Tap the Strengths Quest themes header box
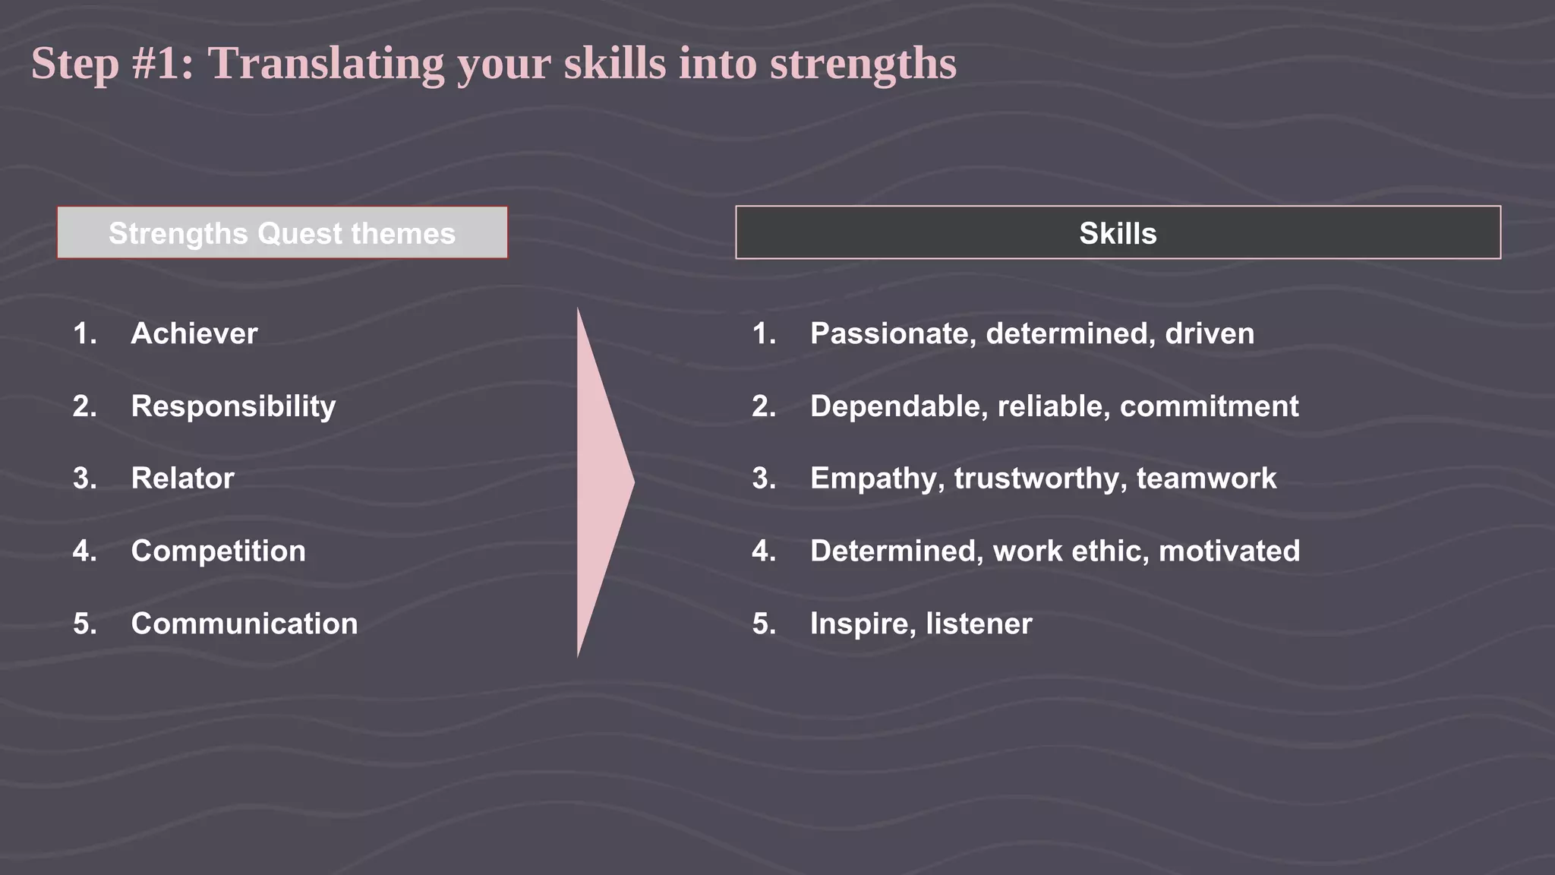pos(282,233)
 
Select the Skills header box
pos(1118,233)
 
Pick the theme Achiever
pos(194,333)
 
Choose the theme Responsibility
pos(233,406)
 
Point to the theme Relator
pos(182,479)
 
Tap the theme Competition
pos(218,551)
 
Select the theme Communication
pos(244,624)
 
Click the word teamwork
pos(1206,479)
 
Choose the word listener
pos(979,624)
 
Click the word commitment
pos(1209,406)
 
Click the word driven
pos(1210,333)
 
